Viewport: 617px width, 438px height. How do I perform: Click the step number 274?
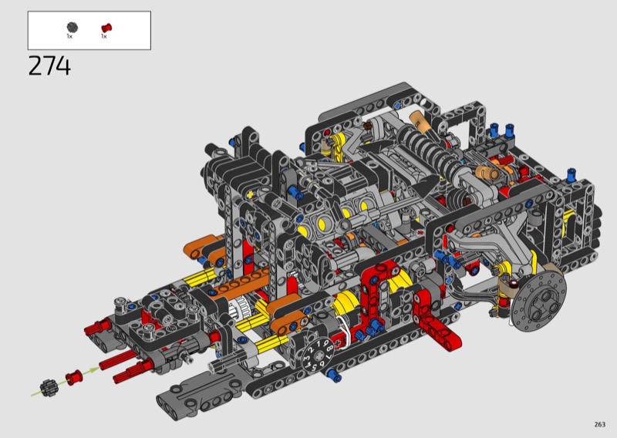coord(49,66)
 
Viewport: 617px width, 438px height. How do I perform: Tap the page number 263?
coord(600,424)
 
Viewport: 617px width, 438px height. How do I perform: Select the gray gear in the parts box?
coord(72,27)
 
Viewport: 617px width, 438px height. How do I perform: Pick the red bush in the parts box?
coord(106,28)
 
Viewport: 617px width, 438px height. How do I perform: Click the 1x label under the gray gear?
coord(69,36)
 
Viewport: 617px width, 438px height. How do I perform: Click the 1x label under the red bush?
coord(104,36)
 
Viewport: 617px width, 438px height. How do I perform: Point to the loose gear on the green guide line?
coord(49,387)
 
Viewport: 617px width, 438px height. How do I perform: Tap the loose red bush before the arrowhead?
coord(73,378)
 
